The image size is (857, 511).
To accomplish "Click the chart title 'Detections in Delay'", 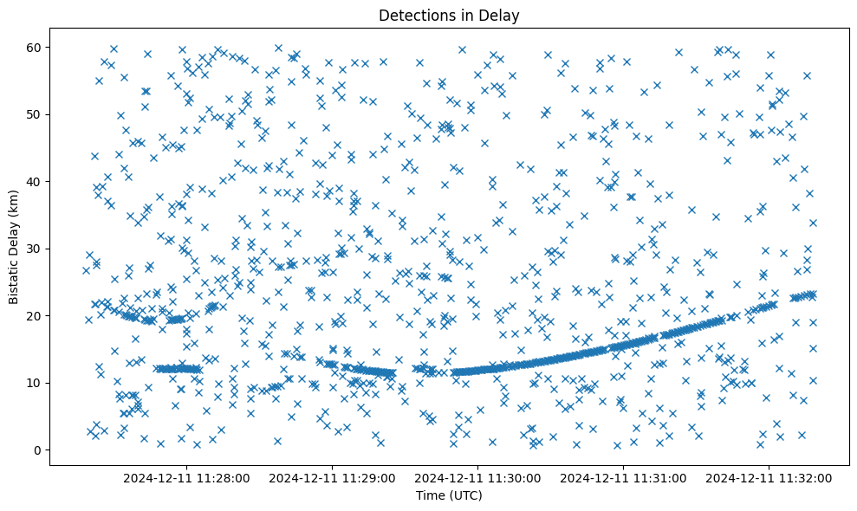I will tap(449, 15).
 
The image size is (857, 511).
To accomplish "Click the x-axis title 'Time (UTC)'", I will tap(449, 495).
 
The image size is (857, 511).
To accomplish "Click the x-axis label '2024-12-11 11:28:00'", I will tap(186, 477).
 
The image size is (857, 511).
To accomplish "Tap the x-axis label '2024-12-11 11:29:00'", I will tap(332, 477).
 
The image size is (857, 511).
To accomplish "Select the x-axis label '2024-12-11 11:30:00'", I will tap(478, 477).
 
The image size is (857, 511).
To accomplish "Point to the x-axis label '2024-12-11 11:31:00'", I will tap(624, 477).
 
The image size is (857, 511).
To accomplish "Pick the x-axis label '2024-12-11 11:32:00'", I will tap(769, 477).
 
